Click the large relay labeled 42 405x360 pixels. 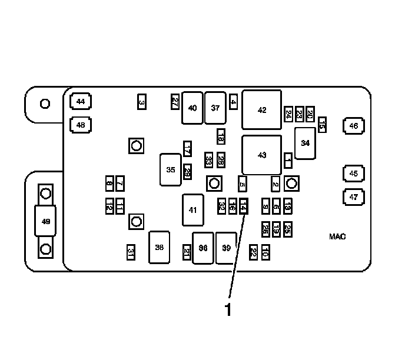(x=262, y=109)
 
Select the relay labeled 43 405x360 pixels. (x=262, y=155)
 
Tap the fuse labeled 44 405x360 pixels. (x=81, y=102)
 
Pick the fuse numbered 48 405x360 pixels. (x=81, y=125)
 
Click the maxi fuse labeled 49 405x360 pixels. (x=45, y=221)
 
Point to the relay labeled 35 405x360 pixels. (x=171, y=169)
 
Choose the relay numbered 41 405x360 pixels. (x=192, y=210)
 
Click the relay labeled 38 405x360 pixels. (x=159, y=247)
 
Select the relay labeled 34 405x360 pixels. (x=305, y=143)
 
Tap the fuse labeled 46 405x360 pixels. (x=353, y=125)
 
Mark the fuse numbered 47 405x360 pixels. (x=353, y=198)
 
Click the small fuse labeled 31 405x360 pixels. (x=131, y=252)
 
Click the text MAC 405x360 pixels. (x=337, y=236)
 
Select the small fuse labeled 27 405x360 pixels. (x=175, y=101)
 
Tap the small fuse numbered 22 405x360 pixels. (x=253, y=252)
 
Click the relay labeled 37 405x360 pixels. (x=215, y=108)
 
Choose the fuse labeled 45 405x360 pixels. (x=353, y=174)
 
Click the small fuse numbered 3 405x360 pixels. (x=141, y=102)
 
